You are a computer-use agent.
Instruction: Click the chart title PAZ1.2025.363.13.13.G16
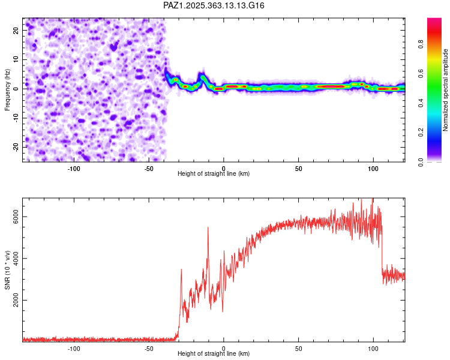214,5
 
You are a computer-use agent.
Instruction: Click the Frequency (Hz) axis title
8,89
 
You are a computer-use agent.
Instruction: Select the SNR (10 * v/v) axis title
8,269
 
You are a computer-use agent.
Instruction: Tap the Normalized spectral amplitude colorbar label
446,90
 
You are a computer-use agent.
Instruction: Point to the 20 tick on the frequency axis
16,30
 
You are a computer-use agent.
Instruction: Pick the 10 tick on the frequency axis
16,59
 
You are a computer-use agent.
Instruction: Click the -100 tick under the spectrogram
74,169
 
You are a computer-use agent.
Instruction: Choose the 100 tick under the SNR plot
373,348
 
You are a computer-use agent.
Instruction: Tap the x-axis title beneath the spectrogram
214,174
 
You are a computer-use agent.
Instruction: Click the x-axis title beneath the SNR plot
214,354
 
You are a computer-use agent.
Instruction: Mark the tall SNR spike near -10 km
208,229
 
